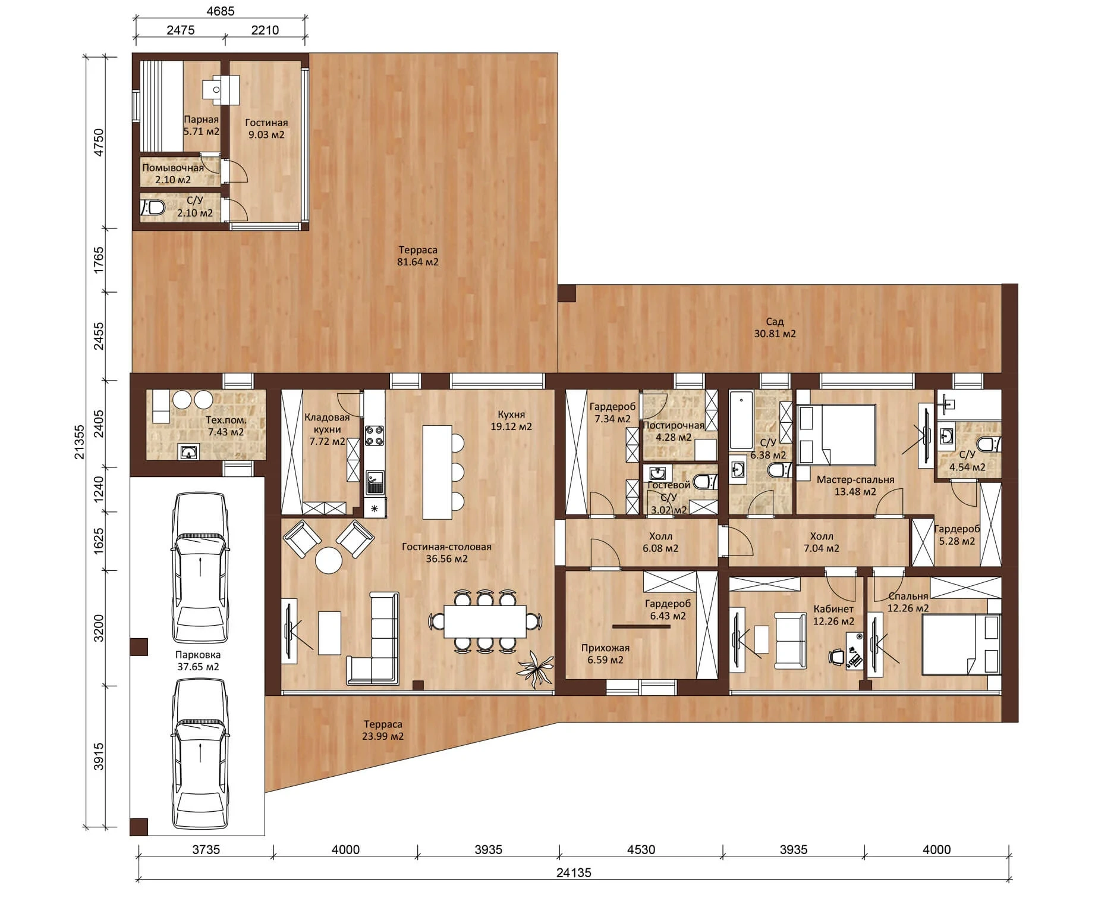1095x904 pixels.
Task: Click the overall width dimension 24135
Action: point(574,872)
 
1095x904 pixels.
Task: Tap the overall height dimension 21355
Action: point(79,442)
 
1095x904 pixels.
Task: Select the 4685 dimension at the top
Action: point(221,11)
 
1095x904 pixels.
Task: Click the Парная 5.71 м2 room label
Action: point(201,125)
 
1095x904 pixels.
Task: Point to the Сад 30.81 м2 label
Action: point(775,328)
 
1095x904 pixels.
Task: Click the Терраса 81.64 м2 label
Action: point(418,256)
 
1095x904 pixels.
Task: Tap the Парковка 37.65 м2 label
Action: point(198,661)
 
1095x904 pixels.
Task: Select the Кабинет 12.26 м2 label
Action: point(833,615)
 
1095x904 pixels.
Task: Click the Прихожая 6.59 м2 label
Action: point(605,654)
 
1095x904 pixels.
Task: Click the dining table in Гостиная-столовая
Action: point(485,621)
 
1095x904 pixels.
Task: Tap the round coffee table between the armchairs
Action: point(329,560)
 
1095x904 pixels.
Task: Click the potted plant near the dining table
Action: point(536,670)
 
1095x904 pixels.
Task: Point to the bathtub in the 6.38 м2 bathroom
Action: point(741,420)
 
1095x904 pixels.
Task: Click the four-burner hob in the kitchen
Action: point(374,435)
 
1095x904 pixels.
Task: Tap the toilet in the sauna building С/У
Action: point(153,208)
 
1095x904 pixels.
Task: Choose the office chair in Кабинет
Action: point(836,657)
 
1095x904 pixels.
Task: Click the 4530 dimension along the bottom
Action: point(641,849)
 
